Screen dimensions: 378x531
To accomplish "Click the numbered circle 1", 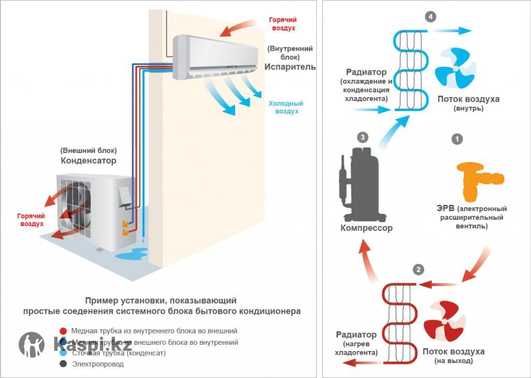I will [x=457, y=139].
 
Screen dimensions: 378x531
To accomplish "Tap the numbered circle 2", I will [x=418, y=270].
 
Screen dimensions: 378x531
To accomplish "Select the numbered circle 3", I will [x=363, y=137].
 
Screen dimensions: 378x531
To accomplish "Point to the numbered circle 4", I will [x=430, y=17].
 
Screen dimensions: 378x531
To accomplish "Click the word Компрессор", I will [x=367, y=228].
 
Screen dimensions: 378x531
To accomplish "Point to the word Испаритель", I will [x=290, y=67].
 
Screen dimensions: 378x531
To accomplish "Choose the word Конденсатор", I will [x=89, y=161].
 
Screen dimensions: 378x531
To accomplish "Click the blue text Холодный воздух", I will [x=286, y=107].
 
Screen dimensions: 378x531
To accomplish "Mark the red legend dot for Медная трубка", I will [x=63, y=330].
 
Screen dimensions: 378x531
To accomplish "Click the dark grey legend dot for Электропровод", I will [x=63, y=364].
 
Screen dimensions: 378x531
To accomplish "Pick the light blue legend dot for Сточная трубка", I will [x=63, y=353].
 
